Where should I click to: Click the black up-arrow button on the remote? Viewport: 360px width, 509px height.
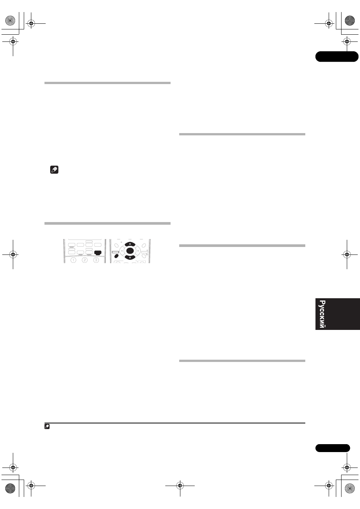coord(130,244)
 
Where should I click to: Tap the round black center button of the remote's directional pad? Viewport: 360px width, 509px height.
coord(130,251)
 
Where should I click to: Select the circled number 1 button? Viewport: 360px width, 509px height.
coord(73,260)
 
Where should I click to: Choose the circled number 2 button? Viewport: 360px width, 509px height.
coord(85,260)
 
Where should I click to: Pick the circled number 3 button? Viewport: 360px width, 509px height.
coord(96,260)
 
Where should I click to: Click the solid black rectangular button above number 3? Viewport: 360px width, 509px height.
coord(98,253)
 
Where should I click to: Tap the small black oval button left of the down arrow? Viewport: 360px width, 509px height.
coord(116,256)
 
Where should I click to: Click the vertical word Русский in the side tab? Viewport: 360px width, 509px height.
coord(322,314)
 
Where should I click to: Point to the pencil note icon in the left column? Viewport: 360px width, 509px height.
coord(54,170)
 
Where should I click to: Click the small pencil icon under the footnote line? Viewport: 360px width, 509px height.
coord(47,426)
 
